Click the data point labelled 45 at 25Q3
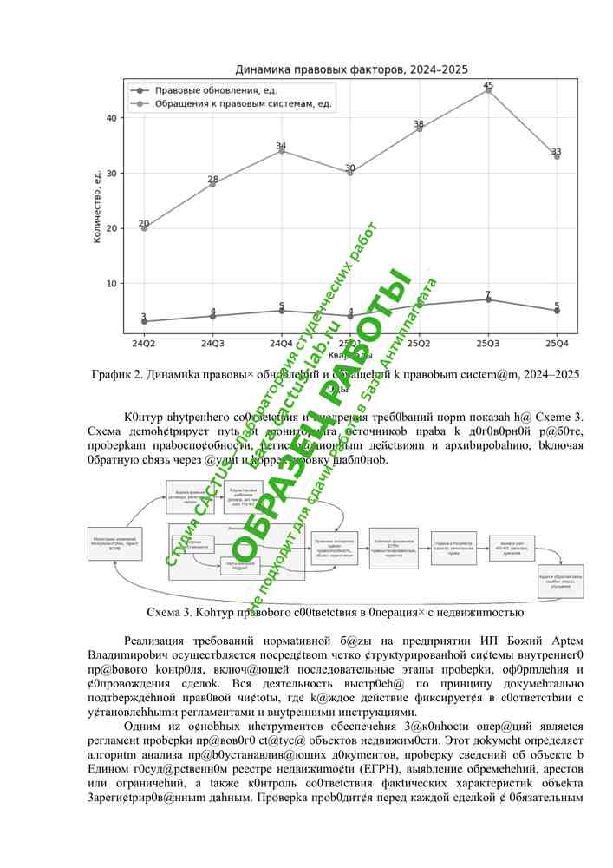[488, 90]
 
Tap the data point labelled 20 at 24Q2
[144, 227]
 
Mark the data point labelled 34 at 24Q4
[282, 151]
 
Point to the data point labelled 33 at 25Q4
[557, 156]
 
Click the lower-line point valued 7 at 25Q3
[488, 299]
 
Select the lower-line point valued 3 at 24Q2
[144, 321]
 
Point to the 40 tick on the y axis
[111, 118]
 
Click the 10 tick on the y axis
[111, 283]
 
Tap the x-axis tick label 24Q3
[212, 343]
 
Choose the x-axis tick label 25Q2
[419, 343]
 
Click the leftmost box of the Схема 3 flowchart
[114, 543]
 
